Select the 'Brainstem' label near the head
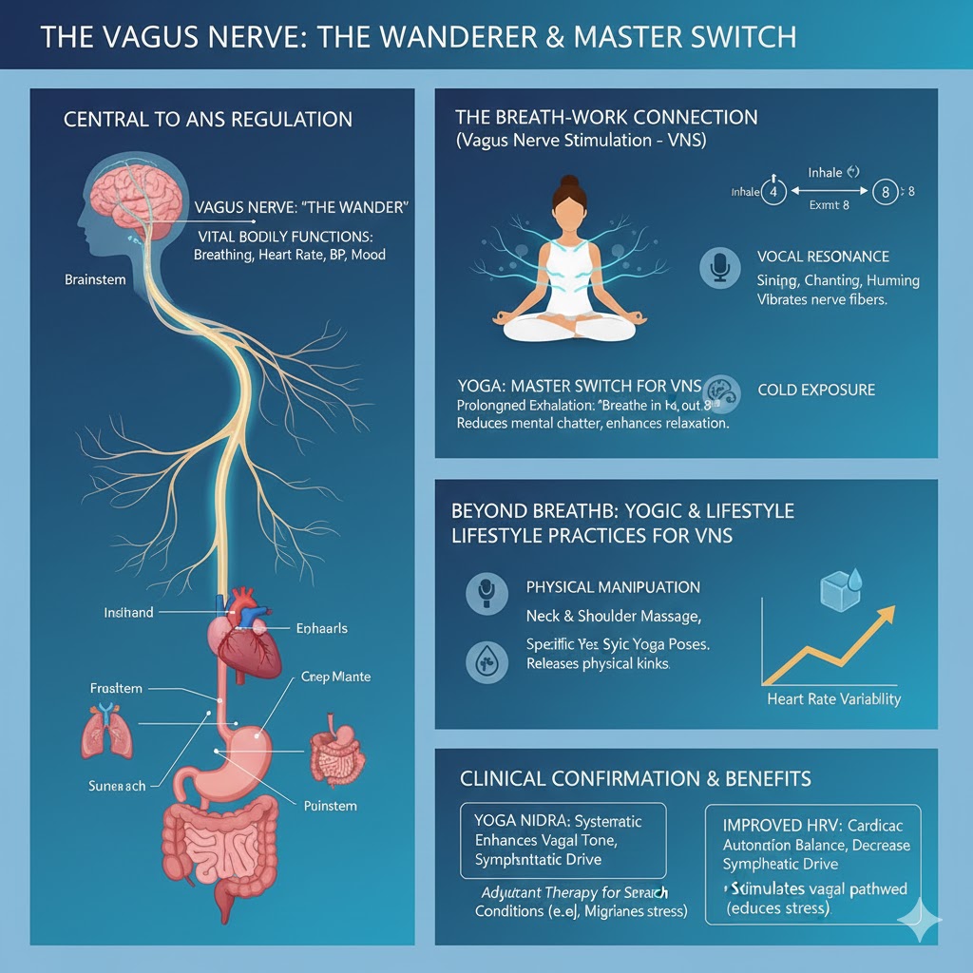pyautogui.click(x=95, y=279)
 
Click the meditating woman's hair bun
pyautogui.click(x=568, y=181)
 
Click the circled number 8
pyautogui.click(x=885, y=193)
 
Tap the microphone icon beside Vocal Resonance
pyautogui.click(x=718, y=268)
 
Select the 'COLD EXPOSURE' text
pyautogui.click(x=816, y=390)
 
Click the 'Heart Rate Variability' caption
pyautogui.click(x=834, y=699)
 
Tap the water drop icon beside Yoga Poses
pyautogui.click(x=486, y=662)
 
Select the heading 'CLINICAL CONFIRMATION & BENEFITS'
pyautogui.click(x=636, y=779)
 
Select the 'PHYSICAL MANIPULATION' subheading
pyautogui.click(x=613, y=587)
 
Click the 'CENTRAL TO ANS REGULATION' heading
pyautogui.click(x=208, y=120)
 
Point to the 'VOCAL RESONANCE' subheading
pyautogui.click(x=823, y=257)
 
